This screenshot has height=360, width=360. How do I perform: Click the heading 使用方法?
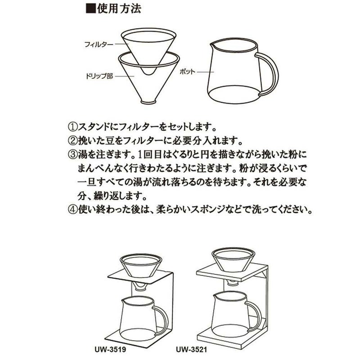pos(119,9)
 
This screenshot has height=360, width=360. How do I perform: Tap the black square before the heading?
pos(91,9)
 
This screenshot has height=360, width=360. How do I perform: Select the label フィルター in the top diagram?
pos(99,44)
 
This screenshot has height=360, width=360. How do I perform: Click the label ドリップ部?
pos(99,76)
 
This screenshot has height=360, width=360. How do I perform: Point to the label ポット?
pos(187,72)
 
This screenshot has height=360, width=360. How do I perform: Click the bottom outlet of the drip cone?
pos(149,101)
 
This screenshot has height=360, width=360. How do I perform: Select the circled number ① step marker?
pos(73,127)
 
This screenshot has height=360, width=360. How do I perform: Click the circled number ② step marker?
pos(73,141)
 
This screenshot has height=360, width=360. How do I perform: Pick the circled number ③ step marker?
pos(73,154)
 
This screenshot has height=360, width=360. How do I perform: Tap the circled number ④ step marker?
pos(73,210)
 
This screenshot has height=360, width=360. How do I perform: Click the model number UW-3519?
pos(110,350)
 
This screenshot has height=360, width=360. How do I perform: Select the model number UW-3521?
pos(192,350)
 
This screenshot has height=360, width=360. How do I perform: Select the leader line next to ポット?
pos(206,72)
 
